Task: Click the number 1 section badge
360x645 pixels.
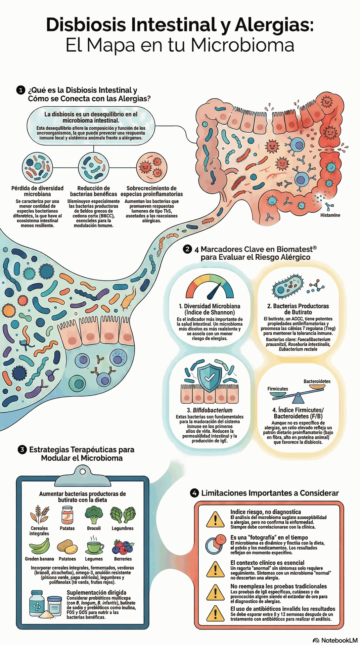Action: pos(21,90)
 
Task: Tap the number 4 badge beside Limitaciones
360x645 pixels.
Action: pos(194,493)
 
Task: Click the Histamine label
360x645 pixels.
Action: pos(330,215)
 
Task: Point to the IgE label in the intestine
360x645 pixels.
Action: pos(279,184)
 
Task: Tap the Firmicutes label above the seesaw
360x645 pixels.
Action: pos(277,389)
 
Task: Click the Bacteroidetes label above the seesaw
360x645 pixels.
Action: pos(317,381)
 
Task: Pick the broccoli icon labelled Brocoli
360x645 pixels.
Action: pos(94,514)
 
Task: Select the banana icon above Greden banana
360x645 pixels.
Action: pos(39,546)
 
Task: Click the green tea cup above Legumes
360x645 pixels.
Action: pos(95,547)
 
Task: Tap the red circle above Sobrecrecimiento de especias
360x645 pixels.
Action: pos(151,167)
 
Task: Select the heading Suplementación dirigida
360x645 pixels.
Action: pos(96,592)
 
